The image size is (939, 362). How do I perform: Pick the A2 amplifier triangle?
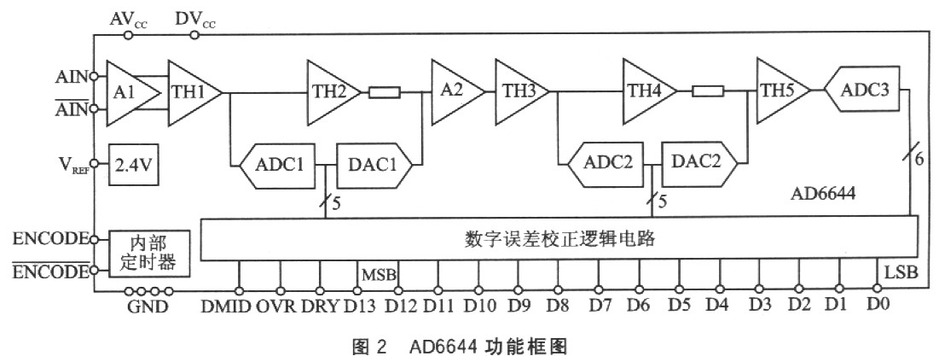[452, 89]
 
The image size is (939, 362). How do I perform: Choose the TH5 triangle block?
[778, 89]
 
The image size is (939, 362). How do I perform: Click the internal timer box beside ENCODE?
[148, 253]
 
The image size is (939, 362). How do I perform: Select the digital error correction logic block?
[559, 238]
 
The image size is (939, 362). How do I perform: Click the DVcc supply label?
[194, 18]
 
